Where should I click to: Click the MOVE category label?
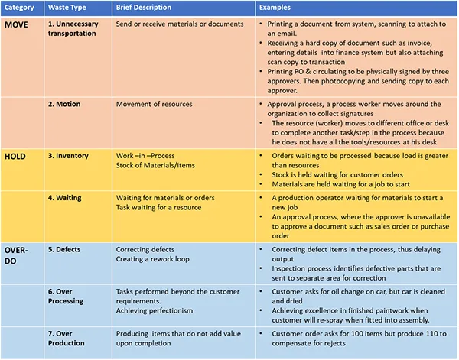click(x=18, y=24)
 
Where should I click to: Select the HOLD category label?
click(x=17, y=156)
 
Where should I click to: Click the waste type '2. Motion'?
click(x=69, y=104)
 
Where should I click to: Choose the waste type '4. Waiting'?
click(x=67, y=198)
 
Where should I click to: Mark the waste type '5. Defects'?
click(x=67, y=250)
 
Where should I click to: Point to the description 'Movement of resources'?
click(x=155, y=104)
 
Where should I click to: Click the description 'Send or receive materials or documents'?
click(x=180, y=25)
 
